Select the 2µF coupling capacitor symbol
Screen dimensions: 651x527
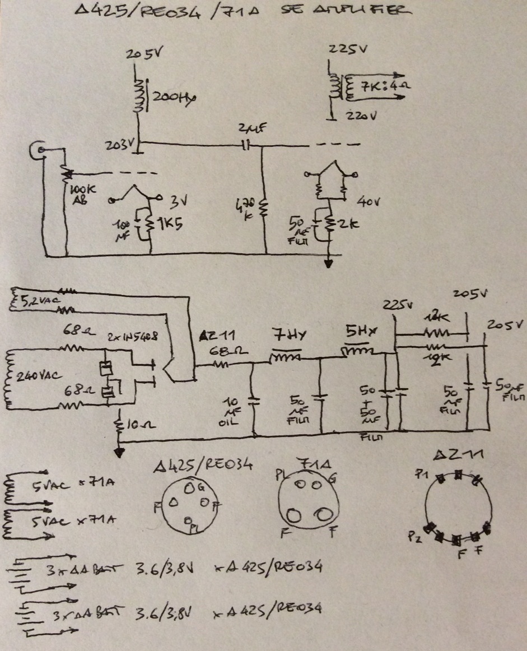pos(246,146)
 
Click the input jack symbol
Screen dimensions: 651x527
pos(39,150)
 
